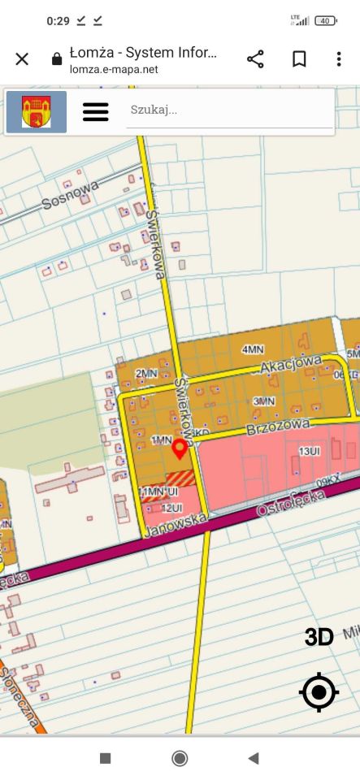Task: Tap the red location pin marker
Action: [180, 448]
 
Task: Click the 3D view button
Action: [319, 638]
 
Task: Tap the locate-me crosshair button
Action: [319, 693]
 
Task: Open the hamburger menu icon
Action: [96, 111]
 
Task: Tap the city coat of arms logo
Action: [37, 111]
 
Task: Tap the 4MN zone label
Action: [253, 349]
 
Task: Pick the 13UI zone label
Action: [309, 451]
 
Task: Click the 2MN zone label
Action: [146, 373]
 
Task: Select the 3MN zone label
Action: [263, 401]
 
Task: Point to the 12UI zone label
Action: [171, 508]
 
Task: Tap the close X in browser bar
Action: [22, 58]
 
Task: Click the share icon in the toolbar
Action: [255, 58]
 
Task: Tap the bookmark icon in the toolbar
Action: [299, 58]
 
